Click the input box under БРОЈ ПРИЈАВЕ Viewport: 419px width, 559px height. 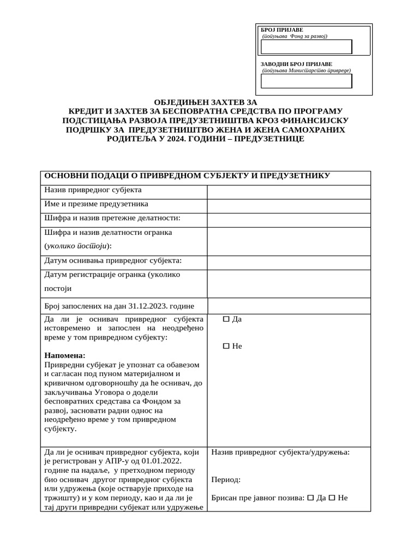tap(307, 47)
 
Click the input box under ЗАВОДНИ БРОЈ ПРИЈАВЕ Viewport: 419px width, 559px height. tap(307, 81)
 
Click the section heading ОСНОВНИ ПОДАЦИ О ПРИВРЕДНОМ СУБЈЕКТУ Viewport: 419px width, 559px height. tap(186, 176)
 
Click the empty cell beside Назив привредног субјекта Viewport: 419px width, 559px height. tap(289, 192)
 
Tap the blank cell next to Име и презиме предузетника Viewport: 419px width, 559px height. tap(289, 205)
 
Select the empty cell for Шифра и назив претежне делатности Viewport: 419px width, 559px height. tap(289, 219)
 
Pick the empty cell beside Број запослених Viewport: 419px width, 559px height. tap(289, 306)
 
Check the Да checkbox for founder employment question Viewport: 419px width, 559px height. tap(226, 319)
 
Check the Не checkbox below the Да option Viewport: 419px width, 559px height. tap(226, 347)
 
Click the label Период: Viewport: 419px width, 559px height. tap(226, 480)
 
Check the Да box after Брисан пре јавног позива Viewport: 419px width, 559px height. tap(311, 498)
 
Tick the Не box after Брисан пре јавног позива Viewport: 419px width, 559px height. tap(332, 498)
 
